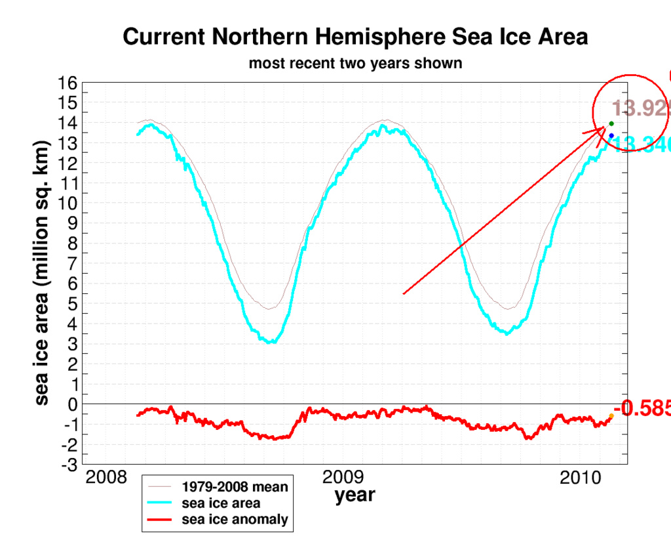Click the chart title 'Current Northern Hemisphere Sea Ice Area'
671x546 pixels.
pos(355,37)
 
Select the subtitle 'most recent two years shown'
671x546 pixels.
pos(355,64)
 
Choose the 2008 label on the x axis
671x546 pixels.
pos(107,477)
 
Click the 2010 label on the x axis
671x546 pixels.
pos(582,477)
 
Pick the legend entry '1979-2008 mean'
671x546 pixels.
pos(235,488)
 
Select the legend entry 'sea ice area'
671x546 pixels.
pos(221,503)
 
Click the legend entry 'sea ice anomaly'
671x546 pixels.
pos(235,519)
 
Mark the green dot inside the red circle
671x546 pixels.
pos(611,123)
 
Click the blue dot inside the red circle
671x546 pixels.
pos(611,136)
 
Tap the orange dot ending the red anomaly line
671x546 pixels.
pos(611,416)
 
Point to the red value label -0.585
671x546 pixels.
pos(645,409)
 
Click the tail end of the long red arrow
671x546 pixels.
pos(403,293)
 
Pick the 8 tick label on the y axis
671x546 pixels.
pos(73,243)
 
